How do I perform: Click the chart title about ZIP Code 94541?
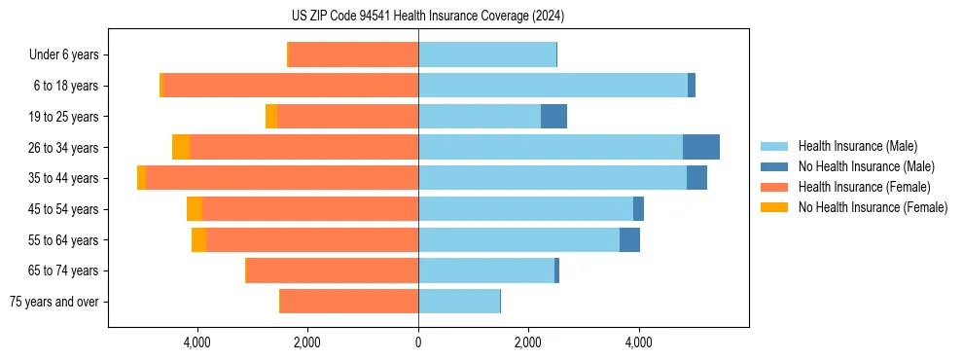427,16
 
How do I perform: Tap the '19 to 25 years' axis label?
57,117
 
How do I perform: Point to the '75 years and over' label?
54,302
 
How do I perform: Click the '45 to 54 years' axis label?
57,209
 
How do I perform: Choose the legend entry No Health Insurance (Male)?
865,166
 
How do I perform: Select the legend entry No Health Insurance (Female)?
873,207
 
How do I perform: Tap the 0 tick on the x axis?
418,342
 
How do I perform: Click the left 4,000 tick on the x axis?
197,342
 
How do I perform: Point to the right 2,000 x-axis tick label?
528,342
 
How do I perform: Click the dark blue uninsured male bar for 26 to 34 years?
701,147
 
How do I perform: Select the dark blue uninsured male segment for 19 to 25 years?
553,117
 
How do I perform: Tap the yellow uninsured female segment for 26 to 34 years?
181,147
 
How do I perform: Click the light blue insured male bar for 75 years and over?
459,302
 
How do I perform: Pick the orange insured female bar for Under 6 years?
354,54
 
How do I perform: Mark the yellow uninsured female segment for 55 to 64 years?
198,240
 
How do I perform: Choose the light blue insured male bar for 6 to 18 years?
553,86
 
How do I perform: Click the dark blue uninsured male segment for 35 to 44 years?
696,178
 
